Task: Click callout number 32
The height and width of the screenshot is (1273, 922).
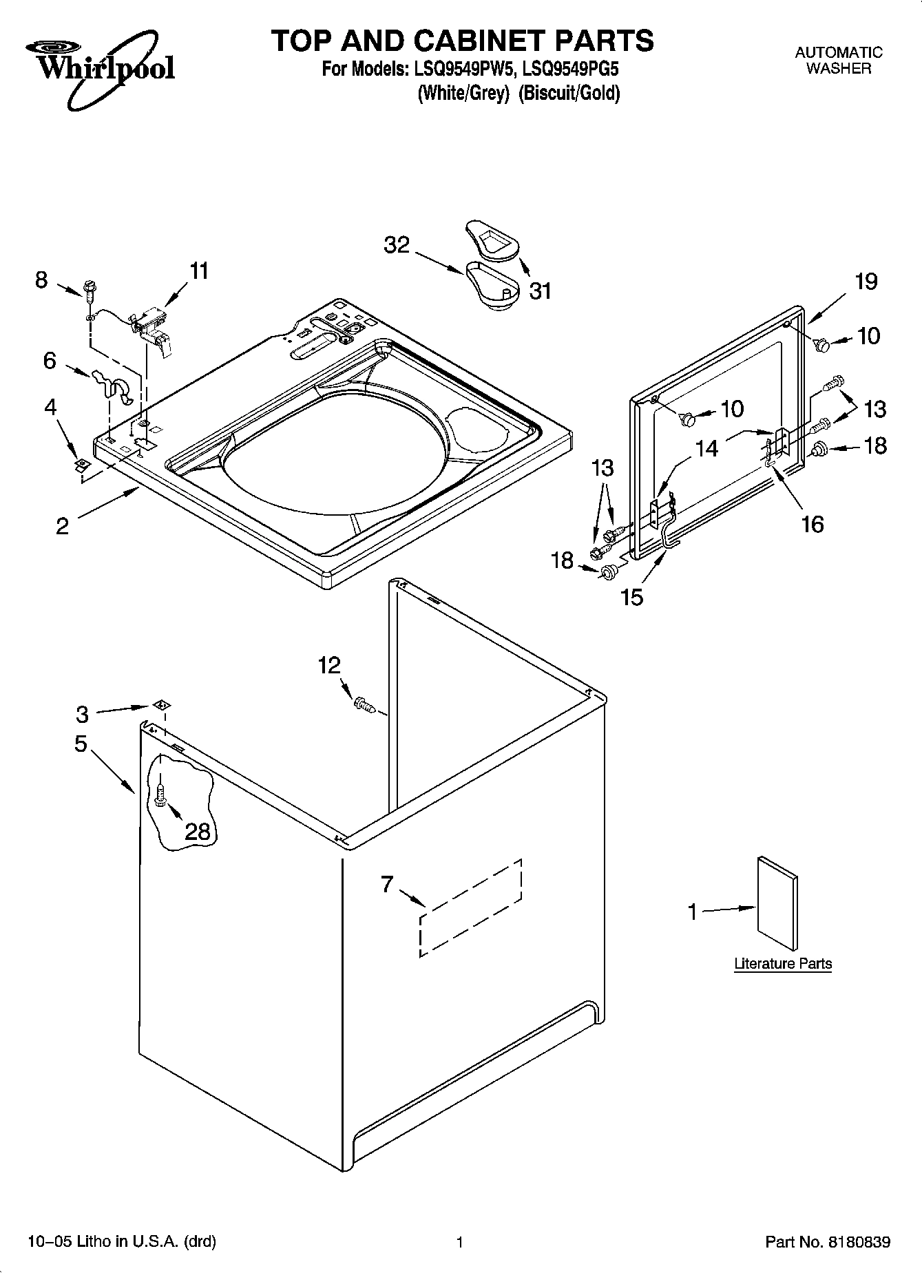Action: click(397, 245)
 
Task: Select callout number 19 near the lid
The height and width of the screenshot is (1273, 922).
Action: click(866, 282)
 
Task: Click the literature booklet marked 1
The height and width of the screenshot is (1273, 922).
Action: click(778, 904)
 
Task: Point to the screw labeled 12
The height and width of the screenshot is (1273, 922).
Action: click(363, 704)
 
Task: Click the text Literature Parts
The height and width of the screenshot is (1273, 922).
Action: click(783, 963)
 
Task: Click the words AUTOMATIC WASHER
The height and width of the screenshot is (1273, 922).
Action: click(838, 60)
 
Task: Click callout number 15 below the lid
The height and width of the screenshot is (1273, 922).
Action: click(631, 596)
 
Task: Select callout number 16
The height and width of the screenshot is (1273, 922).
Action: click(813, 524)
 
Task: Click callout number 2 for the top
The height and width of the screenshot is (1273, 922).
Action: click(62, 526)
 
